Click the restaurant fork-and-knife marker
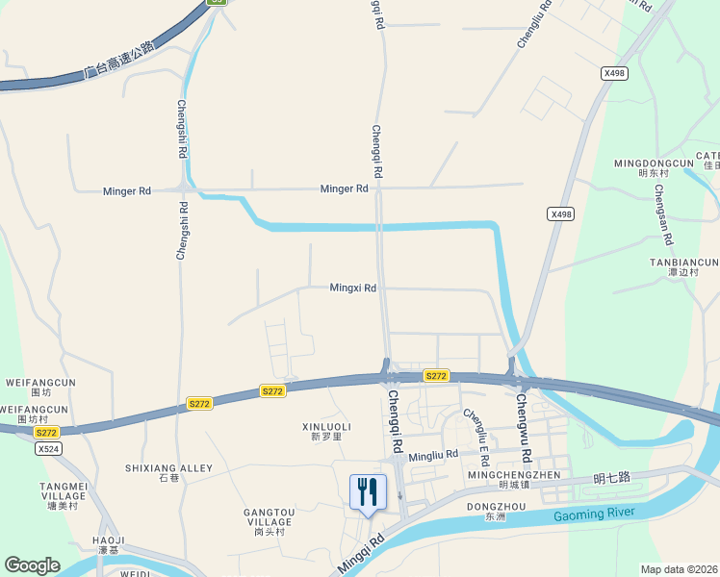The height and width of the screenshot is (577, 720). click(368, 491)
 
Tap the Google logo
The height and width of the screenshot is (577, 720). click(32, 565)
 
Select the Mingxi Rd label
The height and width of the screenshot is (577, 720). click(352, 288)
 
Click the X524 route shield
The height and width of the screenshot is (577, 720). click(47, 448)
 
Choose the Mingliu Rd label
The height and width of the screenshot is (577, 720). click(433, 455)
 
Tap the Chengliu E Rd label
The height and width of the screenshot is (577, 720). click(477, 429)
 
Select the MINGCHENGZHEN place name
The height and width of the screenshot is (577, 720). click(513, 475)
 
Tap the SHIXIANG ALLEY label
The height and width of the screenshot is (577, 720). click(168, 468)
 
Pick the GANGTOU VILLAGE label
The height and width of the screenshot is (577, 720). click(270, 515)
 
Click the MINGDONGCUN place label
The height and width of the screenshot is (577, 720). click(654, 163)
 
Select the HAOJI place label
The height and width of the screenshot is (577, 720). click(108, 540)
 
